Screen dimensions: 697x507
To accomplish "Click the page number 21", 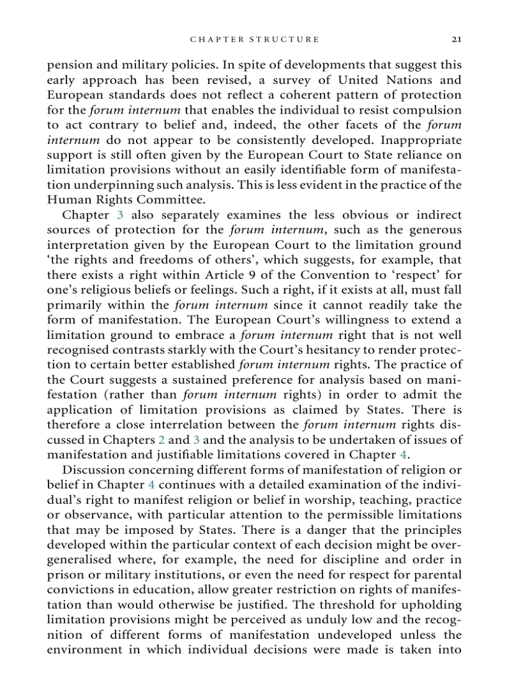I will pyautogui.click(x=456, y=39).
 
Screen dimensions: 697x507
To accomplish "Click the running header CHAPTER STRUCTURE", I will pyautogui.click(x=255, y=39).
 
